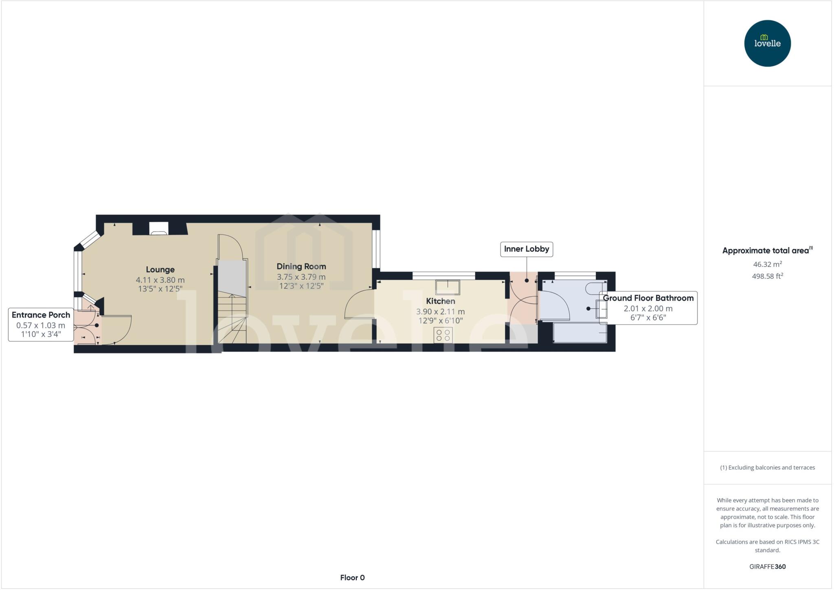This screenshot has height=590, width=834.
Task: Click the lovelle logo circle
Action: (x=767, y=43)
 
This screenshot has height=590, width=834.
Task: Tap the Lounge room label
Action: (x=160, y=270)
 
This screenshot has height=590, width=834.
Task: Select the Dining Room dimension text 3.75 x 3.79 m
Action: (x=301, y=277)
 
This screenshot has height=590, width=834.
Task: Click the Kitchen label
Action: (x=440, y=301)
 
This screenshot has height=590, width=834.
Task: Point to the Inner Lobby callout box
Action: (x=526, y=249)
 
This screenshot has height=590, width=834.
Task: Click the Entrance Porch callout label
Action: (x=41, y=315)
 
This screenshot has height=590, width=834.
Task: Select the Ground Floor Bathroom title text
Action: (x=648, y=298)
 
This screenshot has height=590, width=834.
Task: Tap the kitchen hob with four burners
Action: (x=443, y=335)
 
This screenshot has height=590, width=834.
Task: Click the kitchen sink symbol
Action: (x=448, y=287)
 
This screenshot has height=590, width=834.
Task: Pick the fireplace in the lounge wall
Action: (x=158, y=228)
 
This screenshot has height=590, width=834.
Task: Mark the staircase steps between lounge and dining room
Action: (x=232, y=314)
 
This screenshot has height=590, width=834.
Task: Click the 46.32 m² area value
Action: (x=767, y=264)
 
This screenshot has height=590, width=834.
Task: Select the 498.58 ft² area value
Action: (x=767, y=276)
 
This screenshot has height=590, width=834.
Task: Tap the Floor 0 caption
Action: (x=352, y=577)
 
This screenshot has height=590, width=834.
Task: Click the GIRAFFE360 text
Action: (x=767, y=566)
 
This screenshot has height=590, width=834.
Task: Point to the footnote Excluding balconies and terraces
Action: (x=767, y=468)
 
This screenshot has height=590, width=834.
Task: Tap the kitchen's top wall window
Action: (x=443, y=276)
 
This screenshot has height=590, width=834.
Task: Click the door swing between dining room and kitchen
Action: (x=358, y=304)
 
